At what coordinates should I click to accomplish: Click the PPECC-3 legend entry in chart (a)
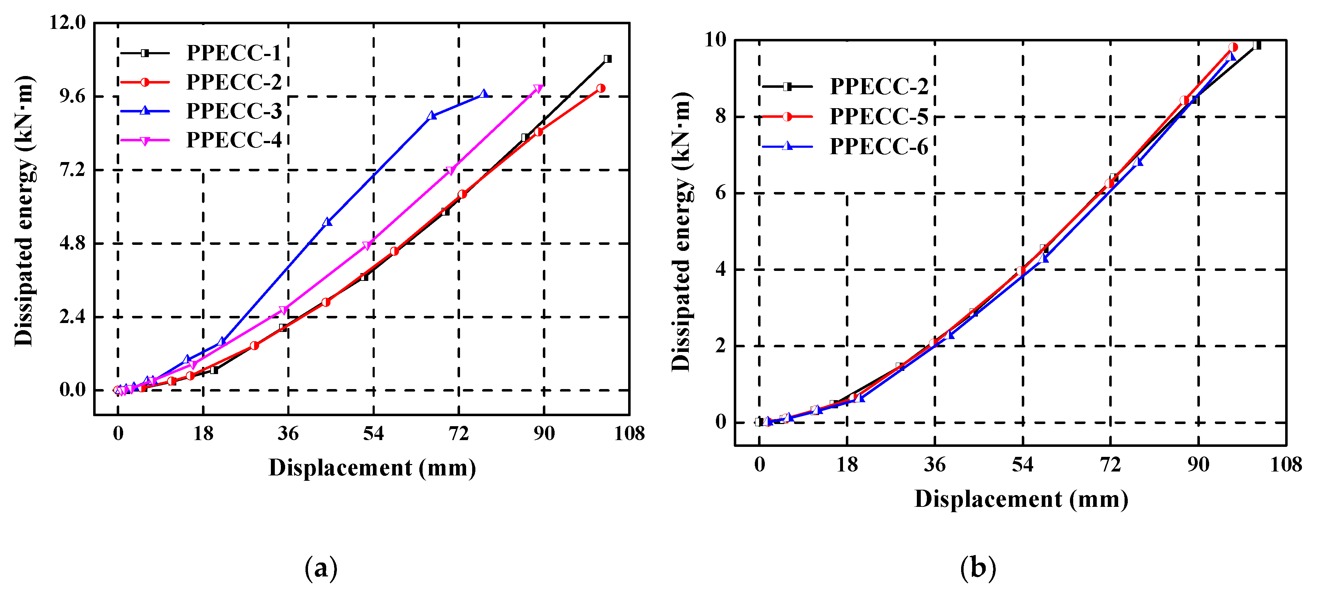click(x=234, y=111)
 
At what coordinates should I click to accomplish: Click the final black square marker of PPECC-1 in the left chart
click(x=607, y=59)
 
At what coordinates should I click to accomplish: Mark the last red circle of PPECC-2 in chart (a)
click(x=601, y=89)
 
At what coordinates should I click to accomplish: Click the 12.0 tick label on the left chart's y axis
click(x=67, y=22)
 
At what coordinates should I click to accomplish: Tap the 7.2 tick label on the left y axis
click(x=72, y=170)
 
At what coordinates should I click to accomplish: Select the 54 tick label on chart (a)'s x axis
click(x=373, y=434)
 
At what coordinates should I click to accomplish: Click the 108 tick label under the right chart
click(x=1285, y=465)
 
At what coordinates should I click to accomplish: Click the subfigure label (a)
click(x=321, y=568)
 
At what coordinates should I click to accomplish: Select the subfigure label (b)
click(x=978, y=568)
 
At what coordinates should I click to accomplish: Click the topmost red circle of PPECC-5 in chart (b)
click(x=1233, y=47)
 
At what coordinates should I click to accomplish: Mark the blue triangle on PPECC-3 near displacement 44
click(x=328, y=222)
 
